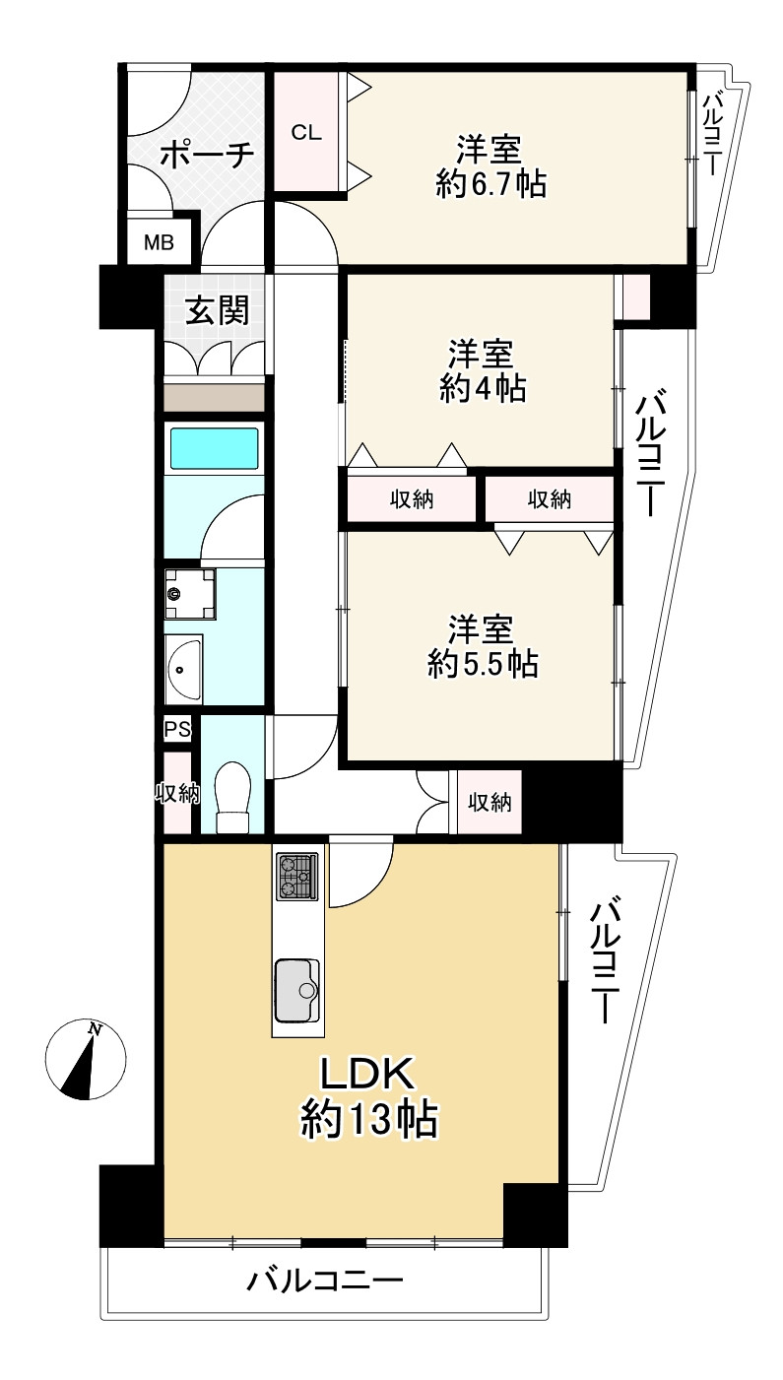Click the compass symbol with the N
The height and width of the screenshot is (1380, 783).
(86, 1059)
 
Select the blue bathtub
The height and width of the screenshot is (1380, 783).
(215, 448)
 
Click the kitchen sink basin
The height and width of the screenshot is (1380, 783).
(297, 989)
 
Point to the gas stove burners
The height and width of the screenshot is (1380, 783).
(296, 875)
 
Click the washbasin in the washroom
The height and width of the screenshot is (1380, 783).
(183, 670)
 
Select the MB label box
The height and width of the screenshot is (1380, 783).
(159, 242)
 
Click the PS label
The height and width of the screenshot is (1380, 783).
(177, 730)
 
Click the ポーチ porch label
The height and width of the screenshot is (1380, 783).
(206, 157)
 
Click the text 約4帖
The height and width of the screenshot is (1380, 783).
(482, 388)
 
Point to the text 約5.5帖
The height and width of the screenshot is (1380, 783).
(482, 664)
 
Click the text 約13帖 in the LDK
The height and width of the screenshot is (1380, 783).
(368, 1120)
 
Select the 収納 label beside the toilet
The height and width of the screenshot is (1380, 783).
(178, 793)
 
